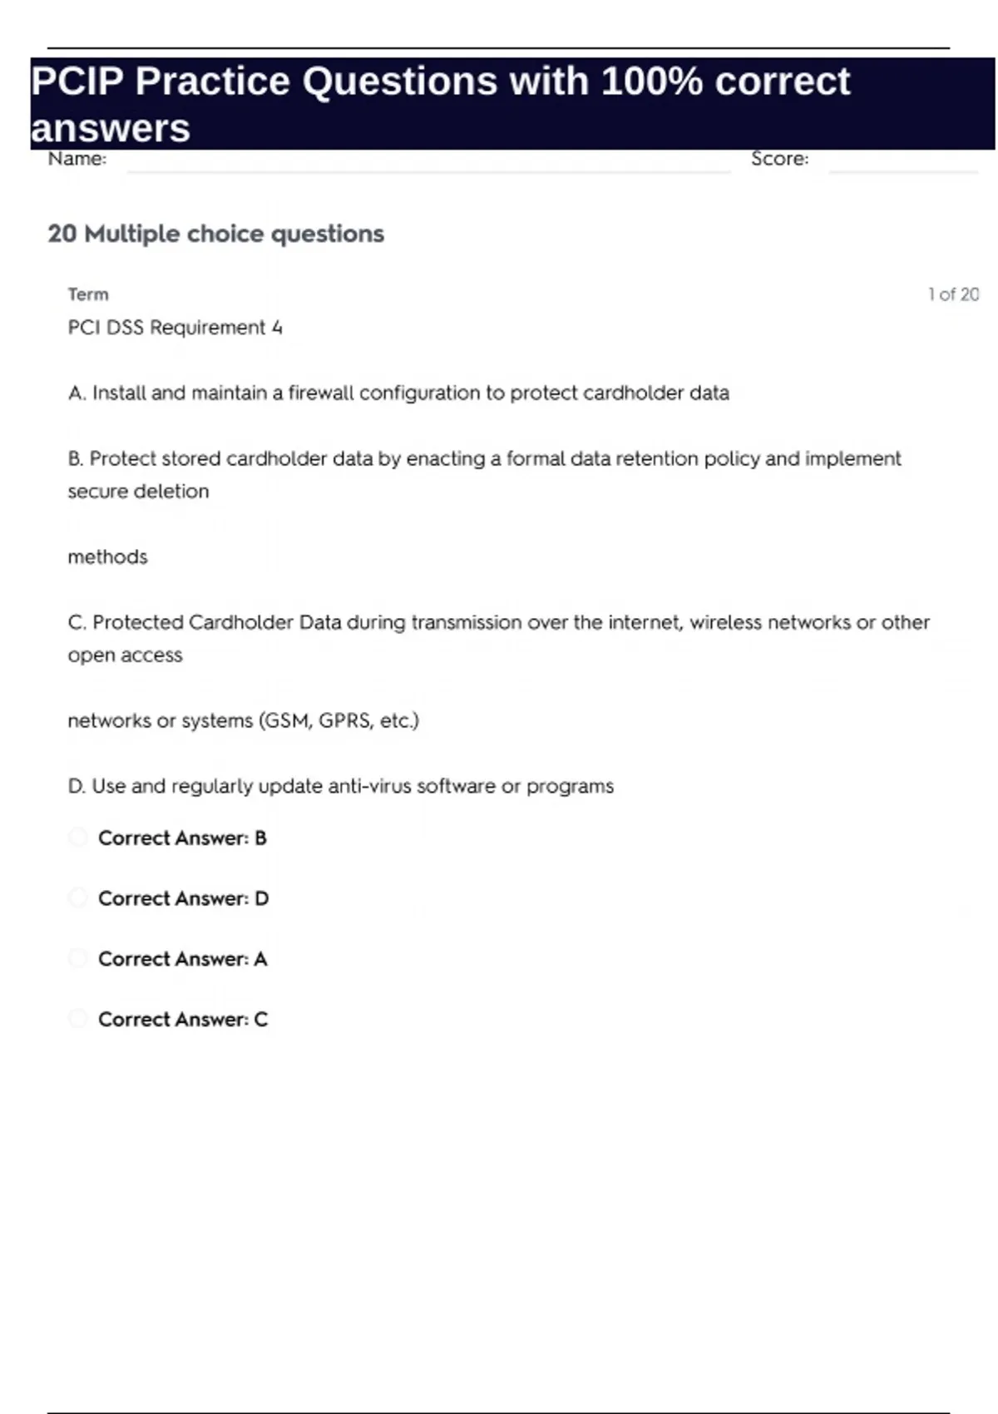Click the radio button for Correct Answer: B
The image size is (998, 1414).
tap(77, 837)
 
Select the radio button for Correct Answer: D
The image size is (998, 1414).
tap(77, 897)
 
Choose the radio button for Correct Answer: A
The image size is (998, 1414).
tap(77, 958)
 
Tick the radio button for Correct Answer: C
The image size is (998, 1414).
tap(77, 1018)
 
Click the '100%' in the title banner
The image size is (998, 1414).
tap(651, 82)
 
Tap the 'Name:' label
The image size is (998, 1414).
tap(77, 158)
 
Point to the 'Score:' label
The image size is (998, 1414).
tap(779, 158)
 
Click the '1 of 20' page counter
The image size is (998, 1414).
tap(953, 294)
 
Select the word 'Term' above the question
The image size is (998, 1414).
tap(88, 294)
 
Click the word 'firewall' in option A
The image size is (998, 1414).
tap(320, 393)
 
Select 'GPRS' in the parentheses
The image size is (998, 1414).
tap(344, 720)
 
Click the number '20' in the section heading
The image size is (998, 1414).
tap(62, 234)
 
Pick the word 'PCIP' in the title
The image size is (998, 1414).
tap(77, 82)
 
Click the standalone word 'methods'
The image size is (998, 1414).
tap(107, 556)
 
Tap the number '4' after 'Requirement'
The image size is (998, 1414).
tap(277, 328)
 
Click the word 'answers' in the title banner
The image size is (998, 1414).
tap(111, 129)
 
